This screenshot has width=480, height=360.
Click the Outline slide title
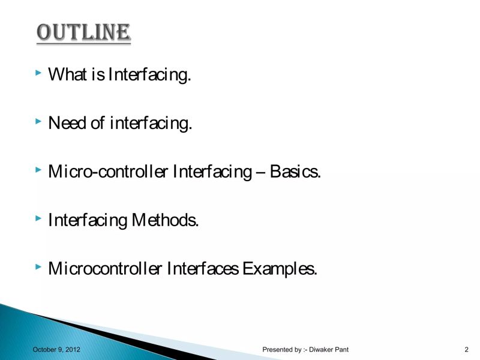[x=83, y=32]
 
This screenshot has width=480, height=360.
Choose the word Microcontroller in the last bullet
[x=105, y=268]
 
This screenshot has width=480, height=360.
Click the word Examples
[x=279, y=268]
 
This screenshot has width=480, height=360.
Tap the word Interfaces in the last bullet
[x=203, y=268]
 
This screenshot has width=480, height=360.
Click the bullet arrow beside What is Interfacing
[x=38, y=73]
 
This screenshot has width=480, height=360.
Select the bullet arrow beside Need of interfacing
[x=38, y=122]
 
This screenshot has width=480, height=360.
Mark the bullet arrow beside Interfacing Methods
[x=38, y=218]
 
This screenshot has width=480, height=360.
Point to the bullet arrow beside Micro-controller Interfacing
[x=38, y=170]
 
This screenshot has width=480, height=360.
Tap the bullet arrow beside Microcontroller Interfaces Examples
[x=38, y=266]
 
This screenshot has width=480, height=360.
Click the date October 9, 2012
[x=56, y=349]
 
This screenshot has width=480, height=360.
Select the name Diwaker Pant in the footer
[x=329, y=349]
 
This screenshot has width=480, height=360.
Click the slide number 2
[x=466, y=349]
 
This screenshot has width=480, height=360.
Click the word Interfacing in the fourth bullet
[x=87, y=220]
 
